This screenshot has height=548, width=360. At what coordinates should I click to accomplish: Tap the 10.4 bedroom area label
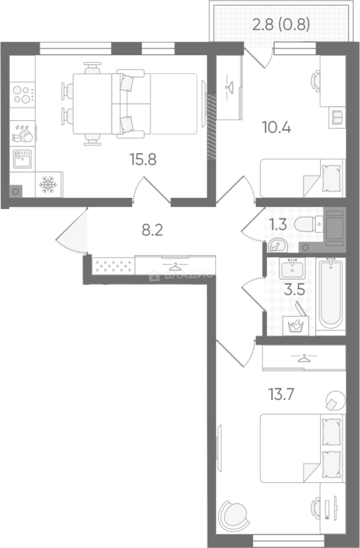click(276, 127)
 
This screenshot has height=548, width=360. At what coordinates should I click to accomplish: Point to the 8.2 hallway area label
click(152, 231)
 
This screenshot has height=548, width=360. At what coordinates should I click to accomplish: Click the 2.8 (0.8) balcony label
click(281, 24)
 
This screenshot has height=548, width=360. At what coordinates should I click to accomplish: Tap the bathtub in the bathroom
click(331, 294)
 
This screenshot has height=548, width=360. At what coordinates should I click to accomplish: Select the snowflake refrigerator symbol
click(48, 185)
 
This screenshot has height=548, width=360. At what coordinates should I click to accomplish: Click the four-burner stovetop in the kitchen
click(22, 94)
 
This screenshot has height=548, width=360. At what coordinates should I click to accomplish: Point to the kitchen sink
click(22, 159)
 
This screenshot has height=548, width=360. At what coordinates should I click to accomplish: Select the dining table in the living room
click(92, 104)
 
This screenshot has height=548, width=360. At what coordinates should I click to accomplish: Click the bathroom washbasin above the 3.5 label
click(292, 268)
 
